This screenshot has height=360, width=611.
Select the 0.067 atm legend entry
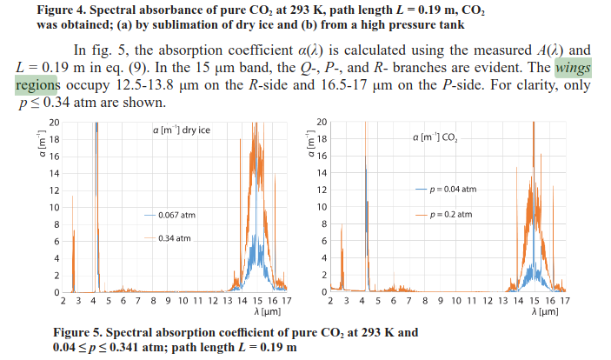(x=176, y=213)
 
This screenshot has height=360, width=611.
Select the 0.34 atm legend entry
(x=174, y=237)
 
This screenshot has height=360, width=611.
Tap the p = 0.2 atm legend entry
(x=450, y=214)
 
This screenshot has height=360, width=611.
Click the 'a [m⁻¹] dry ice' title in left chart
(x=180, y=130)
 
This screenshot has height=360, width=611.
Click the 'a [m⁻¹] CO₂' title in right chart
(x=438, y=137)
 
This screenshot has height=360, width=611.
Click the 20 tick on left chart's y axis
(x=54, y=123)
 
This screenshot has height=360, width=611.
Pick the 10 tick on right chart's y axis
(x=321, y=207)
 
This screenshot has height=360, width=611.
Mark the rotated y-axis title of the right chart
(x=308, y=144)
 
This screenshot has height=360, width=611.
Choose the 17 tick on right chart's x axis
(x=565, y=300)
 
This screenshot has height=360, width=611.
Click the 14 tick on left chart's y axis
(x=54, y=173)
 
